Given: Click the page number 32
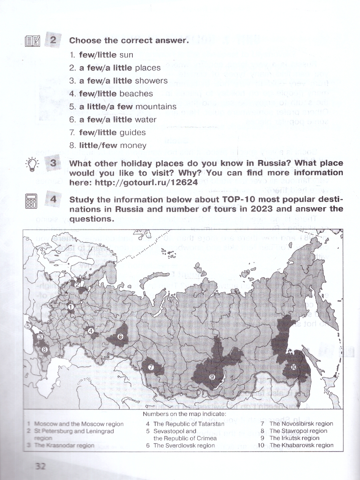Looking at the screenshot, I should [x=40, y=466].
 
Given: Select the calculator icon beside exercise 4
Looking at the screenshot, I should [x=31, y=201].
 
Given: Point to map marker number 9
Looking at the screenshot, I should [x=212, y=377].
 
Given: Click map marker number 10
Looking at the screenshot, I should [x=294, y=367].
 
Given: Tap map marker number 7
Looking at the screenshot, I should [x=151, y=367].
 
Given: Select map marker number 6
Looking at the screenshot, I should [x=120, y=336].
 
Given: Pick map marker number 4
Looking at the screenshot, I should [x=91, y=331].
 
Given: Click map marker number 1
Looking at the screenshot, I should [x=70, y=307].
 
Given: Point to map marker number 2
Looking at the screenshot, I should [x=78, y=284].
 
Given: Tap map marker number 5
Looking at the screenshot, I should [x=28, y=326].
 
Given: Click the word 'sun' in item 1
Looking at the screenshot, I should [x=126, y=55].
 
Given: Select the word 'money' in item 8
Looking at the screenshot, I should [x=134, y=146].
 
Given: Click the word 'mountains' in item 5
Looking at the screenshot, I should [x=156, y=107].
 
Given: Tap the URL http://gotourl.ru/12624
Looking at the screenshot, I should [x=146, y=182].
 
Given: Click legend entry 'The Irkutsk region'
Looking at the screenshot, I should [x=294, y=438].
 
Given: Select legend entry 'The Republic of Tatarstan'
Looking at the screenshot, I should [x=189, y=424].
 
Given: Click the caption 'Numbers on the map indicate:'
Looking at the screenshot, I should [x=184, y=414].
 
